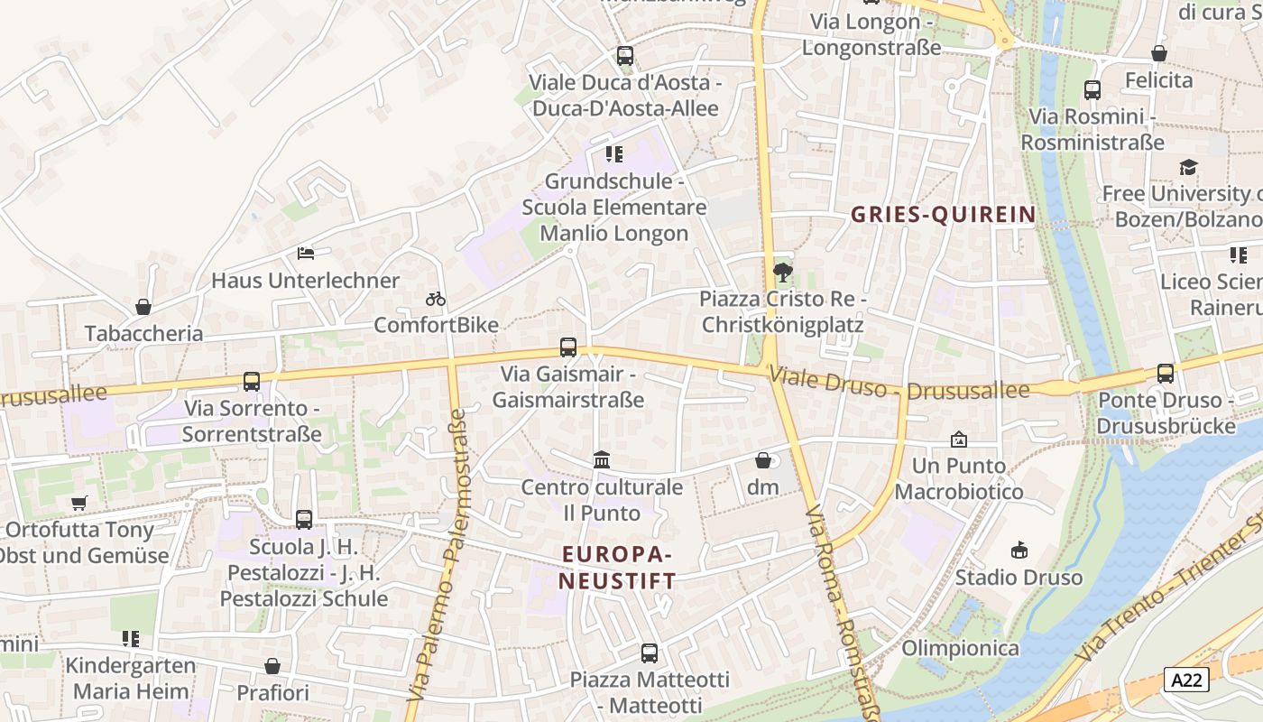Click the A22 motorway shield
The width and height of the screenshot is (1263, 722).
point(1185,680)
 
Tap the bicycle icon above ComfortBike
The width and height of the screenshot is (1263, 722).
point(436,299)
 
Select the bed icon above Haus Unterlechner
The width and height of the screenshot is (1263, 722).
point(306,254)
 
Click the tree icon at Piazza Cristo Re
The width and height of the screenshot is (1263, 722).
point(782,271)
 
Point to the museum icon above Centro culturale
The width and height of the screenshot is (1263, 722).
point(602,460)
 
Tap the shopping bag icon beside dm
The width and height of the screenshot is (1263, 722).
point(763,460)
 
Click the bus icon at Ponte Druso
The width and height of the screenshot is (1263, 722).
point(1166,373)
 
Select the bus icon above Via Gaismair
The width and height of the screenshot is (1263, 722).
point(568,347)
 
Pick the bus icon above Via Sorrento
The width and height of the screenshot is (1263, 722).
point(252,382)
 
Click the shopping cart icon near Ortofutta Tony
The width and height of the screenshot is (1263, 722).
point(79,503)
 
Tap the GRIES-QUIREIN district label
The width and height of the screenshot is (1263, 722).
point(943,215)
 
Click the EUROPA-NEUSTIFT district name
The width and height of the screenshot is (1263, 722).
point(618,567)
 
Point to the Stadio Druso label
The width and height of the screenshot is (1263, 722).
point(1019,578)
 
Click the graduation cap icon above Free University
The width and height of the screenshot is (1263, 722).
point(1188,167)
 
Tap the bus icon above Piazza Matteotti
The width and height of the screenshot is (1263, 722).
point(649,653)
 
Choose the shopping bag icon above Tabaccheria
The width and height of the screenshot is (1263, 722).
point(143,307)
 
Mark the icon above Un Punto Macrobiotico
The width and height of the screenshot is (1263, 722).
point(959,440)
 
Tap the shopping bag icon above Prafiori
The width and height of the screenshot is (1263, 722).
point(272,666)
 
